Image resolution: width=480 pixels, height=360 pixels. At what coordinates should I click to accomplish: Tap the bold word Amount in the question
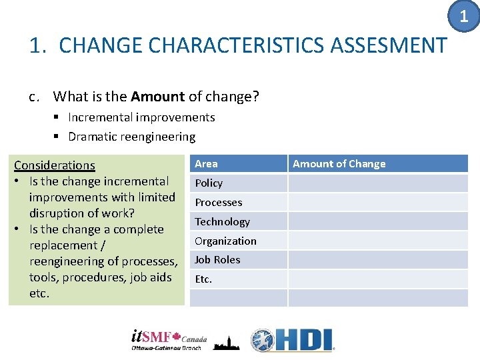click(x=157, y=97)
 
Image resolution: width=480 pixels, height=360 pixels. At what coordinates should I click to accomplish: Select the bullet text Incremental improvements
click(x=141, y=117)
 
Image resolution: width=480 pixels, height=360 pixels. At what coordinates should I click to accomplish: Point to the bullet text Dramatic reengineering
click(x=131, y=137)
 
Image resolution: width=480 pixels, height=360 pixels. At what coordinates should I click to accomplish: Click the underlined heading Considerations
click(x=55, y=165)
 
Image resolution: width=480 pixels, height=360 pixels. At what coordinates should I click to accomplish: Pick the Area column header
click(x=206, y=164)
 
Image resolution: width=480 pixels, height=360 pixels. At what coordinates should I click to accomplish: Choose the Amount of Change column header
click(x=339, y=164)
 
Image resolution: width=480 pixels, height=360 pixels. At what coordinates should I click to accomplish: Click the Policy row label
click(x=209, y=183)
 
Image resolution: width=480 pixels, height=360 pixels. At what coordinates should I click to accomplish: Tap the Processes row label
click(x=218, y=203)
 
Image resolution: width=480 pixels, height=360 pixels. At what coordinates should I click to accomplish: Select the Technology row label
click(x=222, y=222)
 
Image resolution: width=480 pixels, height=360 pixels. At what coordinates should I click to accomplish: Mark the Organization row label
click(x=225, y=241)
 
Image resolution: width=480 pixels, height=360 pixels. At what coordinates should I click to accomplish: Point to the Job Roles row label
click(x=217, y=260)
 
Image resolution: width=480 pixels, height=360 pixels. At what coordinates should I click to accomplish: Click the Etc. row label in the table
click(x=203, y=279)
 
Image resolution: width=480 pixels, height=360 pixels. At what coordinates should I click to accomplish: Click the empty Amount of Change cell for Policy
click(x=378, y=183)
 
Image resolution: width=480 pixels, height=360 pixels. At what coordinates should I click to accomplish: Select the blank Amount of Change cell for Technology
click(x=378, y=222)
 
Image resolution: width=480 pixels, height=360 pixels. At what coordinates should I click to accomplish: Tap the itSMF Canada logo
click(x=169, y=340)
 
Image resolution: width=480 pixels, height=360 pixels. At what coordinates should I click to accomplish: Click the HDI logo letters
click(x=301, y=341)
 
